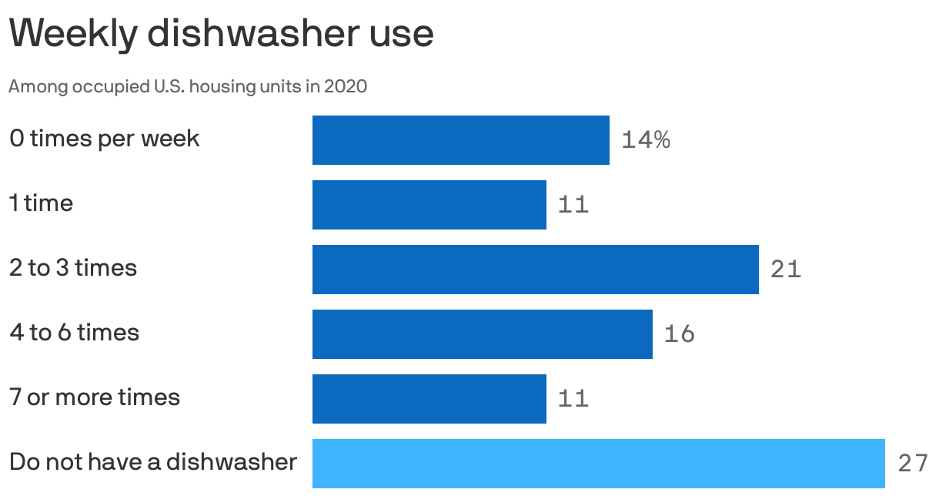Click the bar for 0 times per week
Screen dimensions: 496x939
(x=460, y=140)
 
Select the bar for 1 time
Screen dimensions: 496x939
(x=429, y=205)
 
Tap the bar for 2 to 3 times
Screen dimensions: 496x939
(x=535, y=270)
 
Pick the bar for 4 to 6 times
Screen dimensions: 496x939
(x=482, y=334)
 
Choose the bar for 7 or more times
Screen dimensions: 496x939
(x=429, y=399)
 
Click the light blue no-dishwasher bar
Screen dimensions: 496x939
(x=598, y=464)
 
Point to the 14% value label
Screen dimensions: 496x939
(x=645, y=140)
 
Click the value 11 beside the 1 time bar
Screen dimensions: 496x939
(x=573, y=205)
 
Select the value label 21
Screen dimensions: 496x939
(x=785, y=270)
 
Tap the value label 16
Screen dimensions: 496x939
(x=679, y=334)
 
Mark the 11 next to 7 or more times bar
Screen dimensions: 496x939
(x=573, y=399)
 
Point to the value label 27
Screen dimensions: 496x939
(x=913, y=464)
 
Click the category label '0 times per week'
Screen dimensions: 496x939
(x=104, y=139)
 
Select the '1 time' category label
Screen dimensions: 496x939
(x=41, y=203)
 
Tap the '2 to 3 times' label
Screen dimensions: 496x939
(x=73, y=268)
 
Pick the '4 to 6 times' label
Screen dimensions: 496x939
(x=74, y=333)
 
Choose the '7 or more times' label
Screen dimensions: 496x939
(x=94, y=397)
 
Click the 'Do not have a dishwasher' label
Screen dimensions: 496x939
(x=152, y=461)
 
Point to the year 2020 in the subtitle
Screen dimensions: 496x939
(x=345, y=86)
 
